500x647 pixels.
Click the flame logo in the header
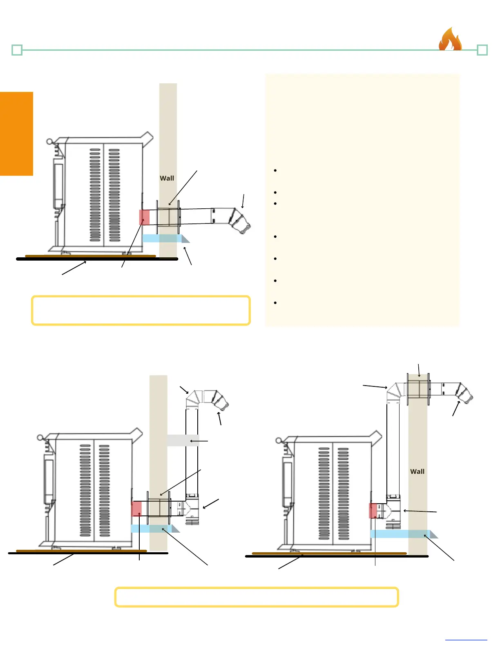pos(450,39)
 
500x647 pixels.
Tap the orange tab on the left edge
pos(16,134)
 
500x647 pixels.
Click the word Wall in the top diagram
pos(167,178)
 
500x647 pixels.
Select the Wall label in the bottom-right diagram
pos(417,471)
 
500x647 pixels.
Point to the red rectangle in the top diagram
pos(144,217)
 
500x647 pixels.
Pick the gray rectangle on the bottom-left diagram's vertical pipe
pos(183,440)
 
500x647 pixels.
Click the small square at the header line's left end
pos(17,50)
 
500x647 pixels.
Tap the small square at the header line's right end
pos(482,50)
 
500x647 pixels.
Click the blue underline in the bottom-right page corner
pos(466,640)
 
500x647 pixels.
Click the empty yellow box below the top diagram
pos(141,310)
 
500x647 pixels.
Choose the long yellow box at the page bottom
pos(257,597)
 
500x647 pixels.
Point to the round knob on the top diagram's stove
pos(50,142)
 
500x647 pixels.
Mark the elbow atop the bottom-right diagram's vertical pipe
pos(395,391)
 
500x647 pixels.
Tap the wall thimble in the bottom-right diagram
pos(418,389)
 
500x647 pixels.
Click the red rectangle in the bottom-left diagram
pos(136,509)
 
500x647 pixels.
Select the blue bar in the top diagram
pos(162,238)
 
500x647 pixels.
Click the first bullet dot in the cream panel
pos(276,170)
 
